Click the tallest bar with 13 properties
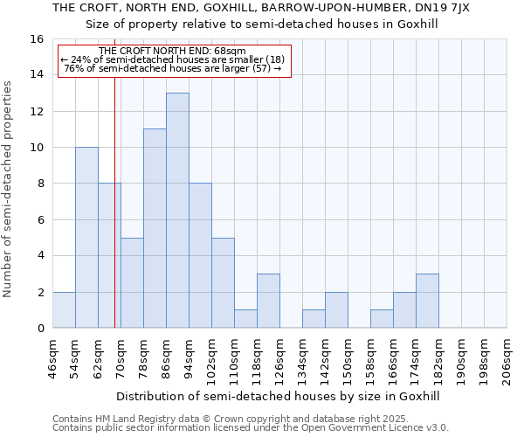point(177,210)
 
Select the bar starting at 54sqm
point(86,237)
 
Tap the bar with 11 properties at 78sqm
point(155,228)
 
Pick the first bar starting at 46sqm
point(64,309)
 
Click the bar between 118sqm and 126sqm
point(268,301)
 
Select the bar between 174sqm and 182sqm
point(427,301)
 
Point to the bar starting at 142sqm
point(336,309)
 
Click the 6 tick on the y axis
point(40,219)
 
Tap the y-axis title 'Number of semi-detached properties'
point(9,189)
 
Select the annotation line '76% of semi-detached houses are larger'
point(173,68)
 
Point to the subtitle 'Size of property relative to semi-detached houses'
point(261,24)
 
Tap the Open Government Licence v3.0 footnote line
point(251,428)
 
